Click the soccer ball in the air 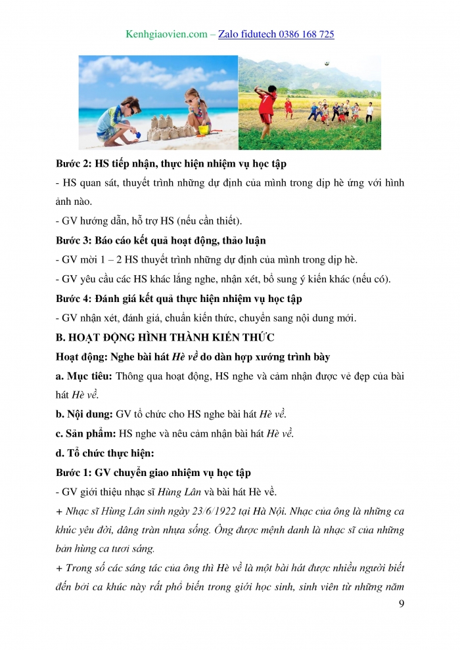(x=327, y=64)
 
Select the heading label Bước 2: (x=77, y=162)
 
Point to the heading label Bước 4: (x=77, y=299)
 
